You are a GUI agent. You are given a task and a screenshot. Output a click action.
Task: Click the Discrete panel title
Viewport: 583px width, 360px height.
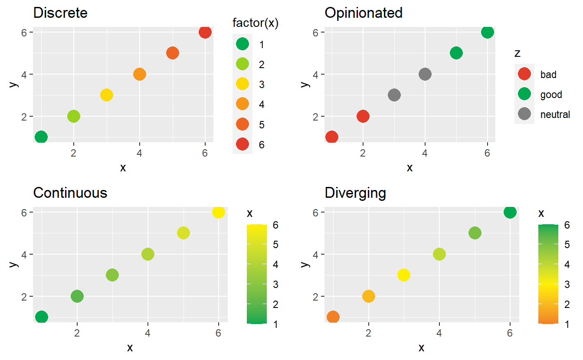click(x=60, y=13)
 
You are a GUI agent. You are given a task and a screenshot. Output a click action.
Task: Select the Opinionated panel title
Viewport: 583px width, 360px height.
click(x=364, y=13)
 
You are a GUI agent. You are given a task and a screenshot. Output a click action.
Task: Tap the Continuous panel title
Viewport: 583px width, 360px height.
click(x=70, y=193)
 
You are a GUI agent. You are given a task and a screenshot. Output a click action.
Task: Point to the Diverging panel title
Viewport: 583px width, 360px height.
click(x=355, y=193)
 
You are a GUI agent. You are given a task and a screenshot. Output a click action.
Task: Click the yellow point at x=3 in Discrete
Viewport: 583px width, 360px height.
click(x=107, y=95)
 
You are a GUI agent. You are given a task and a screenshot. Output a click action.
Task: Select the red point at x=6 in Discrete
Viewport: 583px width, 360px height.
click(x=205, y=32)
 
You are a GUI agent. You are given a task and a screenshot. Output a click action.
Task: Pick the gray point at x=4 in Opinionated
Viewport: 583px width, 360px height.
click(x=425, y=74)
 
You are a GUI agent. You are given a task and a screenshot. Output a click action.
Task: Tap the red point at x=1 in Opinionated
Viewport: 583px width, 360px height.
click(x=331, y=137)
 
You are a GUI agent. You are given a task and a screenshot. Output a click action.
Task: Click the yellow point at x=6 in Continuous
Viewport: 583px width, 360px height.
click(x=219, y=212)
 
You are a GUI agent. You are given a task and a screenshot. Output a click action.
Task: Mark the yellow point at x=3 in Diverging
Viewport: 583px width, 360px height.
click(x=404, y=275)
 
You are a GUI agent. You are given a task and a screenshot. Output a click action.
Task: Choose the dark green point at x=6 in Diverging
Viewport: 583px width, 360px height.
click(x=510, y=212)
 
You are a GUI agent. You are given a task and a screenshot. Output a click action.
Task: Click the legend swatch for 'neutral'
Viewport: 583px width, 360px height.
click(x=524, y=115)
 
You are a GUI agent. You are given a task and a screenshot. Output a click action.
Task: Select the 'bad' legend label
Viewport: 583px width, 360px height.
click(x=548, y=75)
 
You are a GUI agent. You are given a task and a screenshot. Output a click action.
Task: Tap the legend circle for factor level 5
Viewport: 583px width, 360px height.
click(x=242, y=124)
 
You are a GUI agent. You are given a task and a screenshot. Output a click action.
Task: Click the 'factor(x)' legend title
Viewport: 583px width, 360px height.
click(x=255, y=24)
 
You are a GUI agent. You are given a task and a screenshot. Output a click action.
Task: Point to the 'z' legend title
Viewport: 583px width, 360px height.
click(x=517, y=53)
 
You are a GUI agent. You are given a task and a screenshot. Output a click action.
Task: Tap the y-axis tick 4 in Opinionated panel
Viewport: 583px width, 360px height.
click(x=316, y=74)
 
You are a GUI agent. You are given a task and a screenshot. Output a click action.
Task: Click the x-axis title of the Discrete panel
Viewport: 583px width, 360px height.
click(x=123, y=168)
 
